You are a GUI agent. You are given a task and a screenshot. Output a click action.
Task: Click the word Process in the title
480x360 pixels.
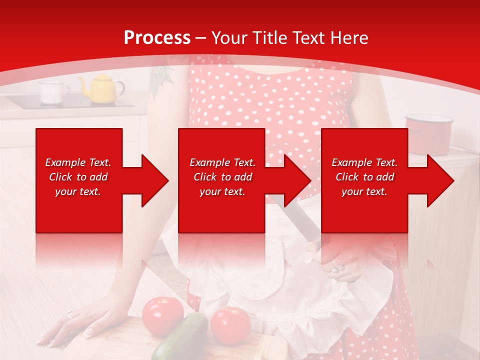tap(157, 38)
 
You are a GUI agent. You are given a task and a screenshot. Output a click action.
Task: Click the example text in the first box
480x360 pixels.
tap(78, 177)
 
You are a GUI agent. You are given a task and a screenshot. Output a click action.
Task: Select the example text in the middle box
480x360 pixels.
tap(222, 177)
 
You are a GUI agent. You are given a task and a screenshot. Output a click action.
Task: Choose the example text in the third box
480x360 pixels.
tap(364, 177)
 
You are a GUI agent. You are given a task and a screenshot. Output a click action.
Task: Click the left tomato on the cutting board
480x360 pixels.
tap(162, 316)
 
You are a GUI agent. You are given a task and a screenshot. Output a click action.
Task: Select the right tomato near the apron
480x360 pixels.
tap(230, 325)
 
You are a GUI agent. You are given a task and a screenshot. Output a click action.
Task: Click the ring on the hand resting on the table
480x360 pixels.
tap(70, 314)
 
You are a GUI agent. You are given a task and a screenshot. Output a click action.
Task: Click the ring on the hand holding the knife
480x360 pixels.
tap(338, 267)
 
